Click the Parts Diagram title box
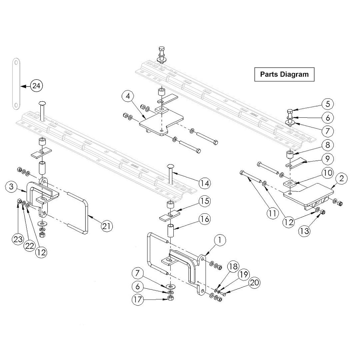284,74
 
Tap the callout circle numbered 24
37,86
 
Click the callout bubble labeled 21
107,226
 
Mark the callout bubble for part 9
327,159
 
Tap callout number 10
327,173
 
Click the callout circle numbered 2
341,179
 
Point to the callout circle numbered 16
205,219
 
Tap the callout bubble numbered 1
220,240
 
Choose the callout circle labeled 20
254,283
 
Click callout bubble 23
18,239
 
